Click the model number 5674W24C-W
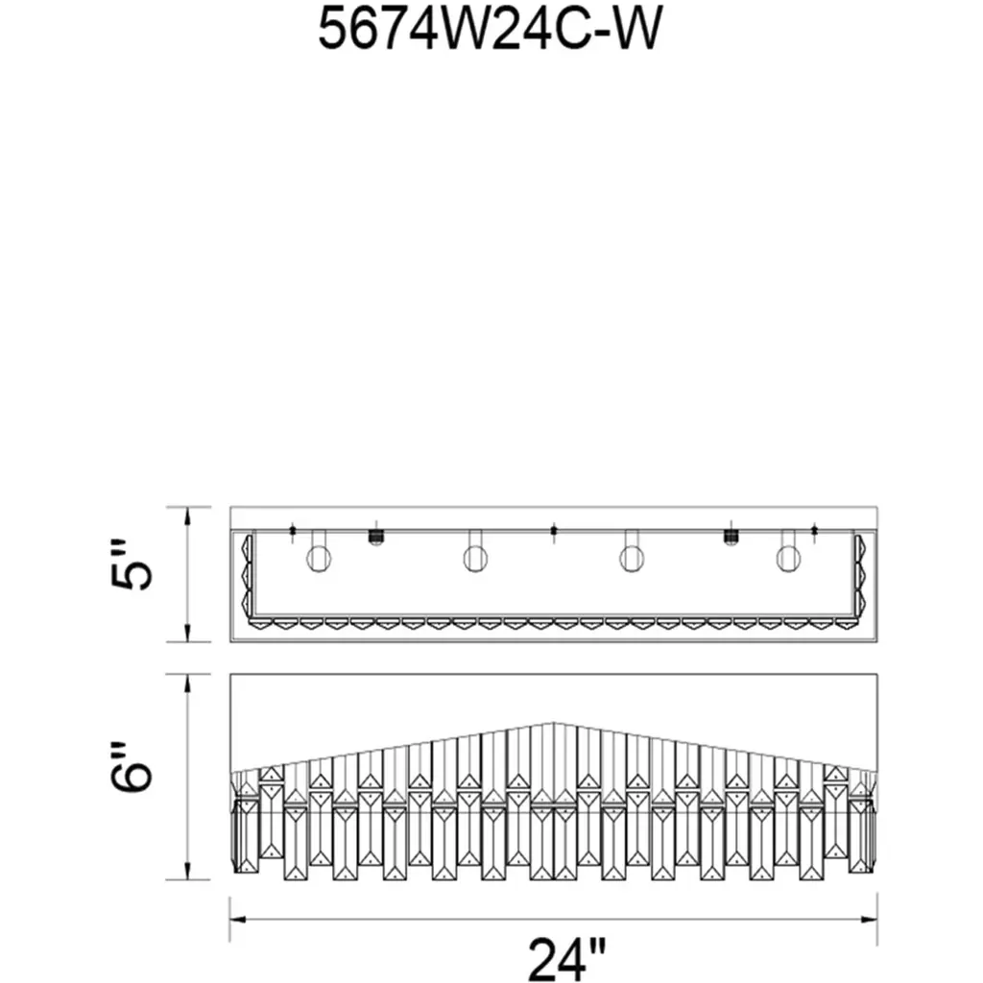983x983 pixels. [x=490, y=30]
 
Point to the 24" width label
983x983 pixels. [x=567, y=958]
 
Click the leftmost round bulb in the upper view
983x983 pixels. [x=319, y=558]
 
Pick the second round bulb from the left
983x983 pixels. [x=476, y=558]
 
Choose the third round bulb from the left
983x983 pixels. [x=631, y=558]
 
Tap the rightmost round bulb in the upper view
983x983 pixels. [x=788, y=558]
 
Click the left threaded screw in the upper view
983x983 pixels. [x=375, y=538]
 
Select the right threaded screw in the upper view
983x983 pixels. [x=731, y=538]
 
